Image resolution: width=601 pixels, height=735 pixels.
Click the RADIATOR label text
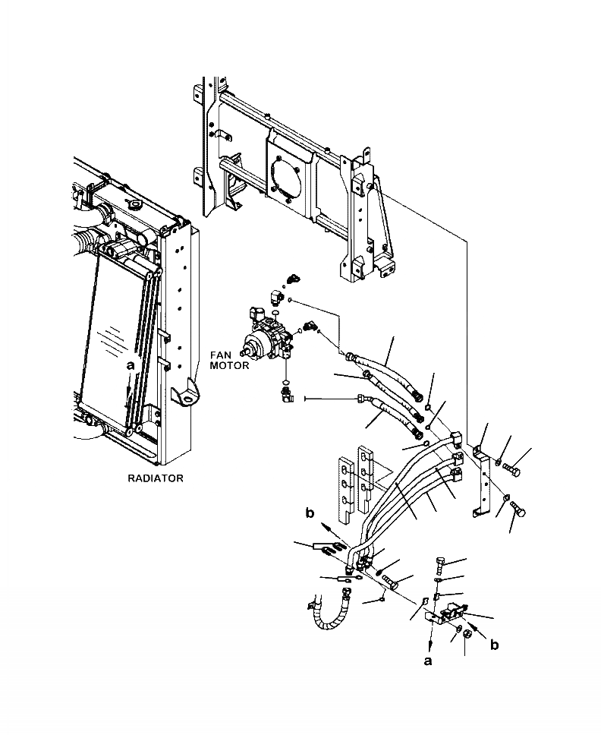pos(156,479)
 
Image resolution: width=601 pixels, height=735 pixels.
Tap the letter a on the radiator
pos(131,365)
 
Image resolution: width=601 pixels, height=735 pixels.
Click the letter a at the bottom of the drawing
pos(428,661)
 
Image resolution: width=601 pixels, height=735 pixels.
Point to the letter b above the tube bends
pos(310,514)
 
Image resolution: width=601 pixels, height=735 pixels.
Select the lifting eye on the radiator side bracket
pos(185,393)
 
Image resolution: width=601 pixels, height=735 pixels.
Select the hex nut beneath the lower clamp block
pos(468,632)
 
